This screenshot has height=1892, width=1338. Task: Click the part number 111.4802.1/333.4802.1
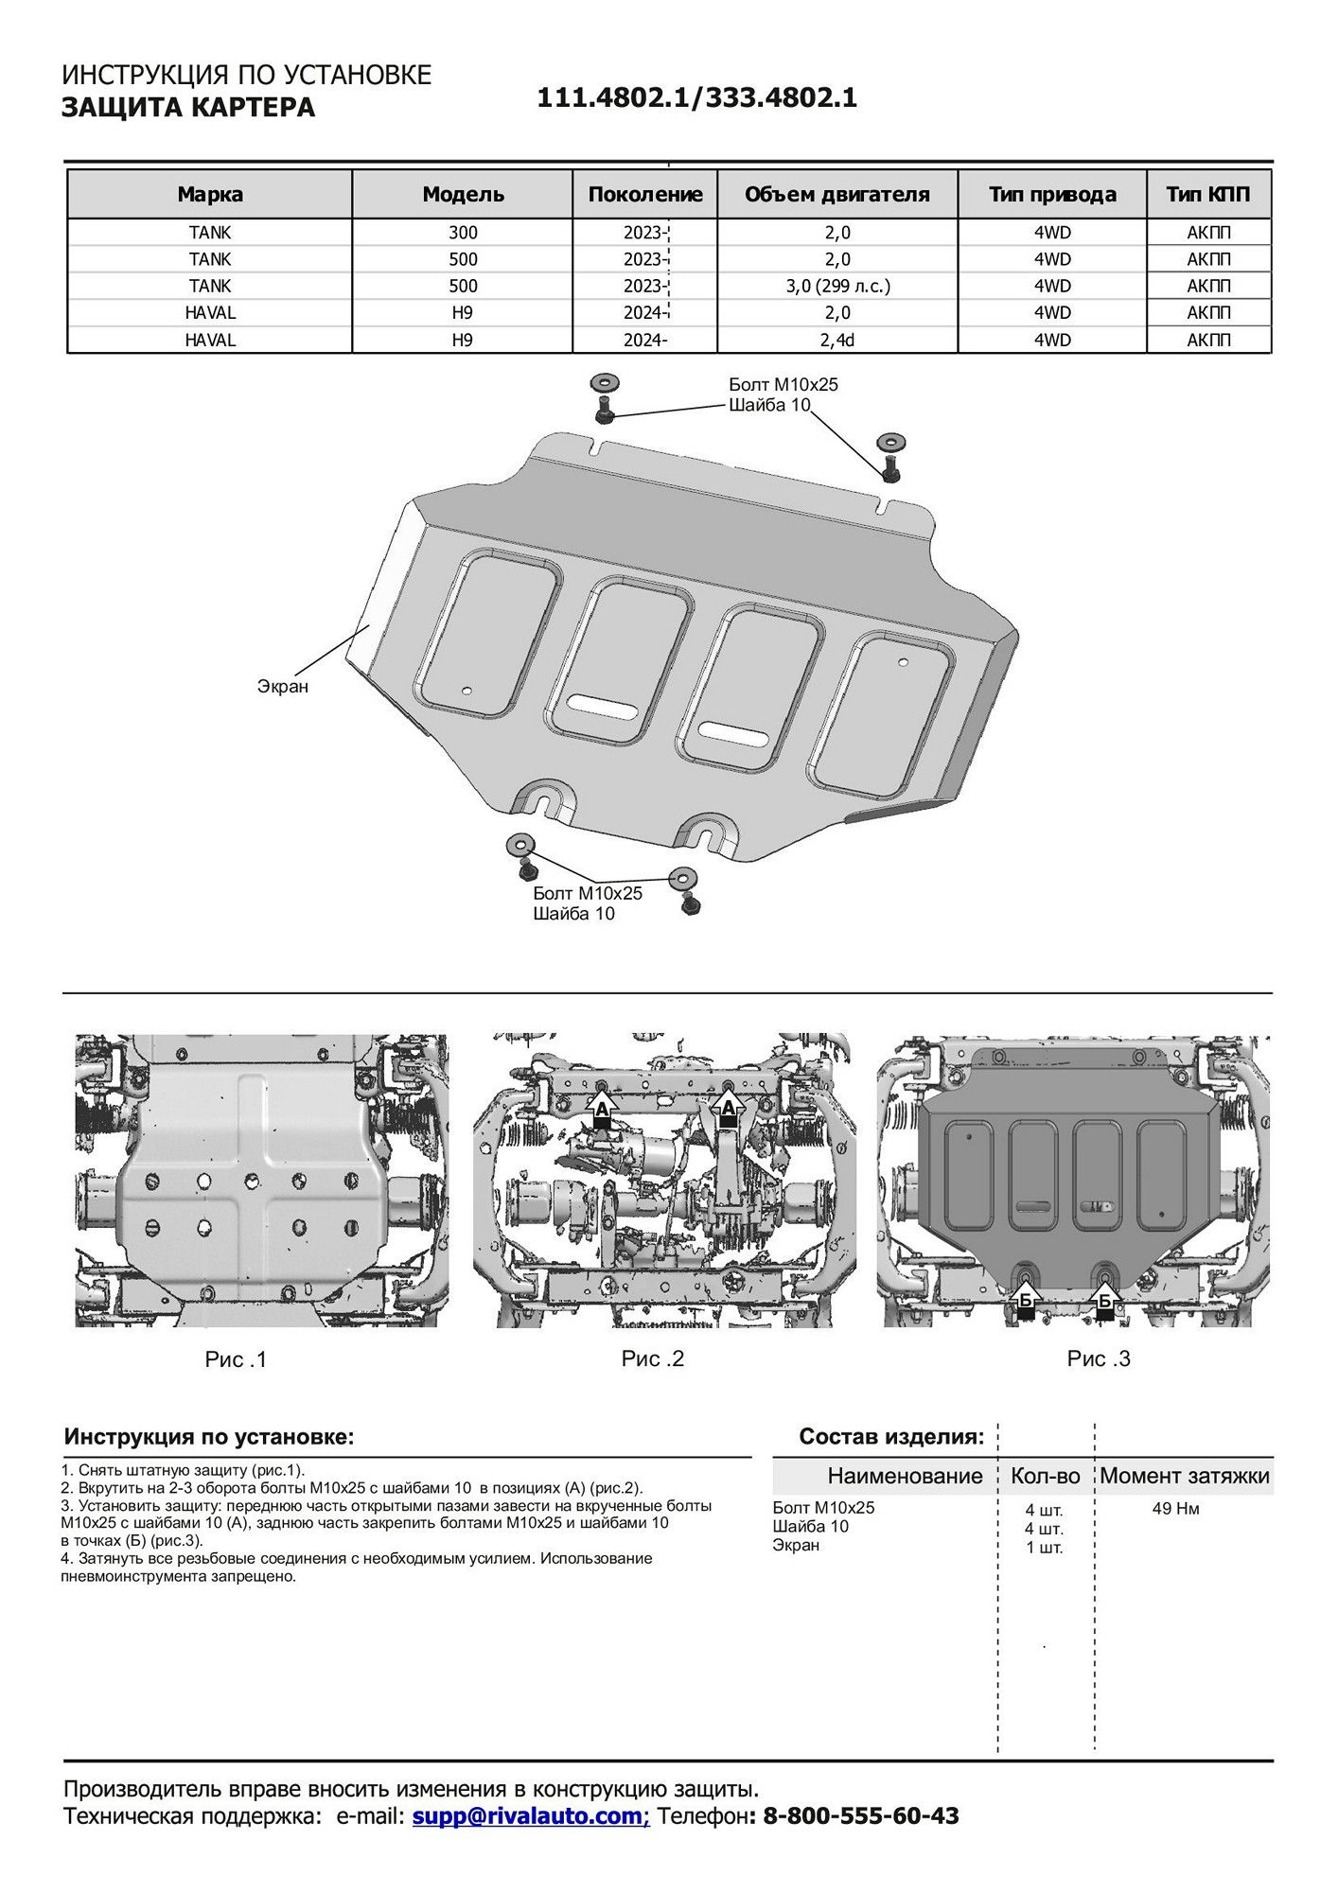[x=696, y=98]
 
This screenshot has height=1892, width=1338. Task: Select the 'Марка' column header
[x=210, y=195]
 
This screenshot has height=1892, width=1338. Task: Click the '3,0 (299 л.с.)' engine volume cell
[x=837, y=286]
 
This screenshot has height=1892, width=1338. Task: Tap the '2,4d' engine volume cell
[x=837, y=340]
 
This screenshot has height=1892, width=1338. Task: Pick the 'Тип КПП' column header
[x=1208, y=195]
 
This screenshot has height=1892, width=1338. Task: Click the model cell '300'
[x=463, y=233]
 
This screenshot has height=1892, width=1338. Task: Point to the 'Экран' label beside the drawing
[x=283, y=686]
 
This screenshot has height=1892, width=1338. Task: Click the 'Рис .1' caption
[x=236, y=1359]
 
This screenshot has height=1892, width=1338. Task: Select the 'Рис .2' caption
[x=652, y=1358]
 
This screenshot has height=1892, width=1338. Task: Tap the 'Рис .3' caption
[x=1099, y=1358]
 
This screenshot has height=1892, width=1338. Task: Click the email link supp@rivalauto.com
[x=530, y=1815]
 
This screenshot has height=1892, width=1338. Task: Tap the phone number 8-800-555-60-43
[x=860, y=1815]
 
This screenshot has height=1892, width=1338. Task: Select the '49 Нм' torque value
[x=1175, y=1509]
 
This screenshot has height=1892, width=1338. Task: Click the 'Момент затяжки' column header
[x=1184, y=1476]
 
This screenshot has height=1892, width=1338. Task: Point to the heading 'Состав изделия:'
[x=891, y=1437]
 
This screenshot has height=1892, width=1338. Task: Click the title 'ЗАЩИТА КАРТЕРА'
[x=188, y=108]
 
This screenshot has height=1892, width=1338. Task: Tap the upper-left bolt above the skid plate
[x=604, y=412]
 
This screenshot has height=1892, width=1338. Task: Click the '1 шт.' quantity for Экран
[x=1044, y=1548]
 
